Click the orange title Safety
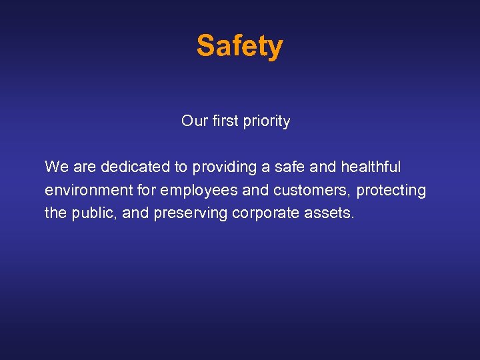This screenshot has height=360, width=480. (239, 46)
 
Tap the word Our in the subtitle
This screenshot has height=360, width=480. (195, 121)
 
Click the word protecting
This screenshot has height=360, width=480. (391, 191)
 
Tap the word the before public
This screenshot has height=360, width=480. (55, 214)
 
